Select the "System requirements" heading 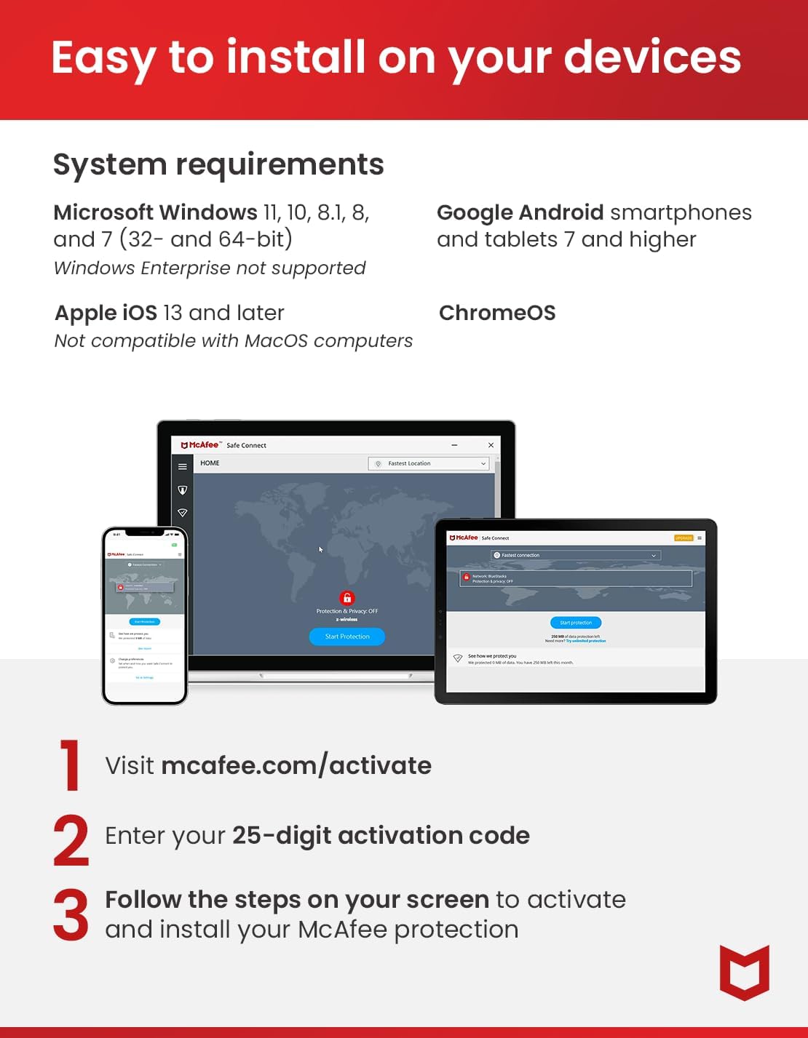(218, 165)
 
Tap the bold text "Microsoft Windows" (155, 212)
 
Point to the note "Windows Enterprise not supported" (210, 268)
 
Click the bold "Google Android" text (520, 212)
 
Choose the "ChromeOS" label (497, 314)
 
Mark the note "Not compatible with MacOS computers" (233, 341)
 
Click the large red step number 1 (71, 765)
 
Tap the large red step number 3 (71, 915)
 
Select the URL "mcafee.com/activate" (296, 766)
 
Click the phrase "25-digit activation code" (381, 836)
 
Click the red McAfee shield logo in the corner (744, 973)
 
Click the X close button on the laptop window (491, 445)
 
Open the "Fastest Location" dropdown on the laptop (429, 463)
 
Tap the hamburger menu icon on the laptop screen (183, 467)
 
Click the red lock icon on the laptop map (347, 598)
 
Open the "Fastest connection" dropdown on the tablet (575, 555)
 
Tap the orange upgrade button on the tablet (684, 538)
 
